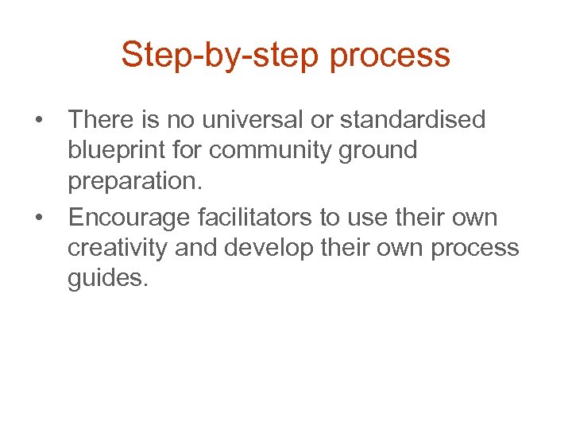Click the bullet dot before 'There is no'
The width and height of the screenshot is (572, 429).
37,121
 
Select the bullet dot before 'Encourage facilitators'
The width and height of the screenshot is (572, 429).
37,217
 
